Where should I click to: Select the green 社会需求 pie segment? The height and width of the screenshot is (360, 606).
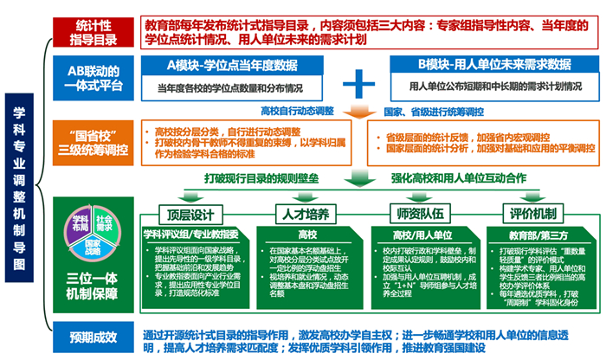tap(104, 222)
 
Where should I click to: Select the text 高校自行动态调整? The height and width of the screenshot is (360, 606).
tap(297, 111)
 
